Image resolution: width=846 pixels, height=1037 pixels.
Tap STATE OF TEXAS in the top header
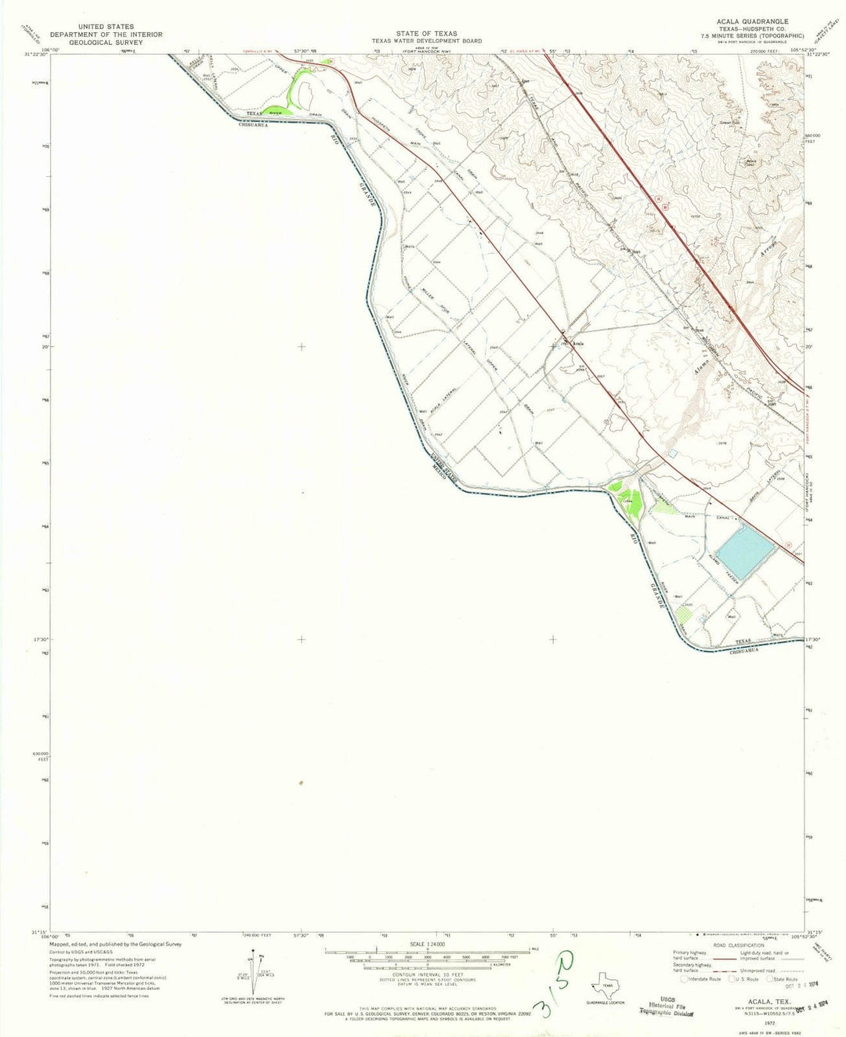(x=426, y=34)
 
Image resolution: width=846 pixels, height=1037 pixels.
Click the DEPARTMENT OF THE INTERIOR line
(x=106, y=34)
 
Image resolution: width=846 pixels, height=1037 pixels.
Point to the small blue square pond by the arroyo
(x=671, y=453)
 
